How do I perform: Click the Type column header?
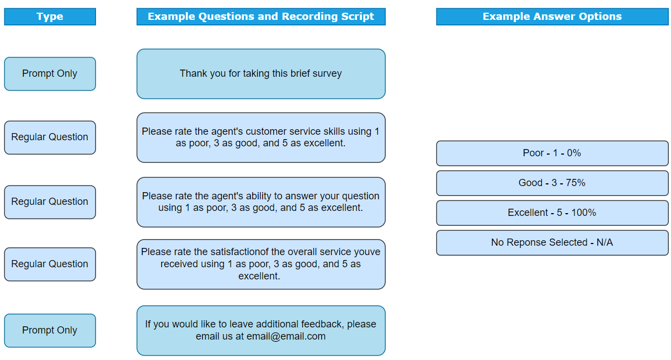point(50,17)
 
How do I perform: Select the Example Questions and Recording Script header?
point(261,17)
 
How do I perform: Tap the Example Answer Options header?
point(552,17)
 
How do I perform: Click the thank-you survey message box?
point(261,74)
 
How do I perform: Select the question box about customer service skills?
point(261,137)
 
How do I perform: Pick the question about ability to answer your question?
point(261,202)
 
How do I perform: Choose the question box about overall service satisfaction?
point(261,264)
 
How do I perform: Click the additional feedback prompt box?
point(261,330)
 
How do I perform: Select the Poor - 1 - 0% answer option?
point(552,153)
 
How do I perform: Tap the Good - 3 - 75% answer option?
point(552,183)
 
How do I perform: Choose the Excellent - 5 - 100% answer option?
point(552,213)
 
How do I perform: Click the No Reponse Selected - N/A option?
point(552,242)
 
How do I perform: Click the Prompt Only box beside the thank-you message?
point(50,74)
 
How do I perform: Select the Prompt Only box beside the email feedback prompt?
point(50,330)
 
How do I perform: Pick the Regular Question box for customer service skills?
point(50,137)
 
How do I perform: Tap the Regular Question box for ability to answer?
point(50,202)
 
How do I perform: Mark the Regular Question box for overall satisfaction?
point(50,264)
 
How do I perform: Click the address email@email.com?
point(286,336)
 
